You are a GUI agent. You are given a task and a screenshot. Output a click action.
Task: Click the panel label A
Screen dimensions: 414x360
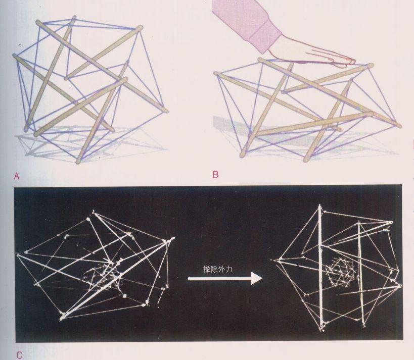point(17,176)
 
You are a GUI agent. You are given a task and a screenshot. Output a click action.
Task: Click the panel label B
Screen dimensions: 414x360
point(215,175)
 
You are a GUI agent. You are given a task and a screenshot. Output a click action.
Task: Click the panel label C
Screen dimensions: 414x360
point(19,355)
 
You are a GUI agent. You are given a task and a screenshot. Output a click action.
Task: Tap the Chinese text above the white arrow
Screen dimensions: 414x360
point(218,269)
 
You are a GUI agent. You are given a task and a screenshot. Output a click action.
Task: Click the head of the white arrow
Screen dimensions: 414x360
point(256,279)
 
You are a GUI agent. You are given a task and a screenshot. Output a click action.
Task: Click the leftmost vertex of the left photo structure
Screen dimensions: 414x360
point(18,254)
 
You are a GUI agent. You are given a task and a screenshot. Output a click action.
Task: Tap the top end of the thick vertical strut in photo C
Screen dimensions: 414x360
point(320,205)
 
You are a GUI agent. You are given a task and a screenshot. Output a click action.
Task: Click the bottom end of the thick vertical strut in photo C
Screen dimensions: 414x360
point(321,329)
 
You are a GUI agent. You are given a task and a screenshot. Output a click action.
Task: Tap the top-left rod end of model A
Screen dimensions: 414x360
point(38,22)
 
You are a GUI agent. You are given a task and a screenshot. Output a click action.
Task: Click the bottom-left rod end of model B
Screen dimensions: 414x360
point(242,155)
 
